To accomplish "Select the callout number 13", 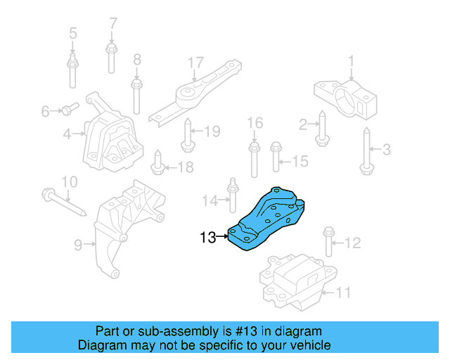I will [207, 238].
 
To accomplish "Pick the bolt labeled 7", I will [111, 58].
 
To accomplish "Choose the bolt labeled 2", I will [321, 131].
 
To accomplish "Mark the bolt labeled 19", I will [187, 135].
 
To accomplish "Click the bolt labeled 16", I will [254, 158].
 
